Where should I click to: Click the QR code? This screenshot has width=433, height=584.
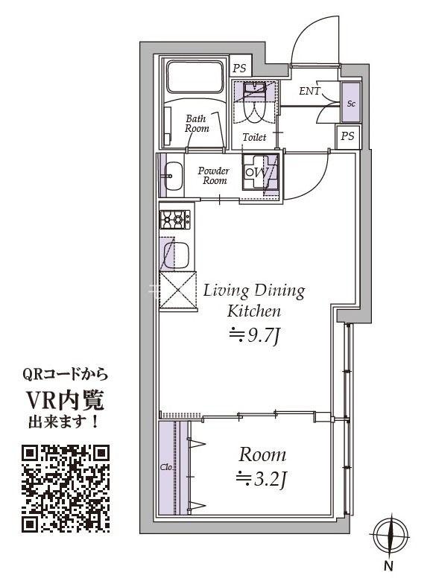(66, 488)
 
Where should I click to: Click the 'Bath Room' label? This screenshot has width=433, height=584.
(197, 123)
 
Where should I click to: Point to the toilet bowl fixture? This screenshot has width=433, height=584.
(256, 105)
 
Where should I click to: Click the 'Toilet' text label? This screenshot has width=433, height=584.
(254, 138)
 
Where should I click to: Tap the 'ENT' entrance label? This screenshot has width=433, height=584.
(310, 92)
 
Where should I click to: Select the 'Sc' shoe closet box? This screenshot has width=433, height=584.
(350, 103)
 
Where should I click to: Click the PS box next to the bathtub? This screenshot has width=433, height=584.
(239, 68)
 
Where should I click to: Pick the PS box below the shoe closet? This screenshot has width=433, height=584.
(347, 136)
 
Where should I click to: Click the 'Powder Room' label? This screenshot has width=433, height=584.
(213, 176)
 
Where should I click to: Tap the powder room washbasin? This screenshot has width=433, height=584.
(171, 177)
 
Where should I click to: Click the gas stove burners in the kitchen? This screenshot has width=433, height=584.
(175, 219)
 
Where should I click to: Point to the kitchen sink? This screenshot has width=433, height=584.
(175, 256)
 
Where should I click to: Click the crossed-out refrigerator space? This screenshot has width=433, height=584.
(175, 291)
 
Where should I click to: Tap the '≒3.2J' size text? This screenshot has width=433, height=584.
(261, 478)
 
